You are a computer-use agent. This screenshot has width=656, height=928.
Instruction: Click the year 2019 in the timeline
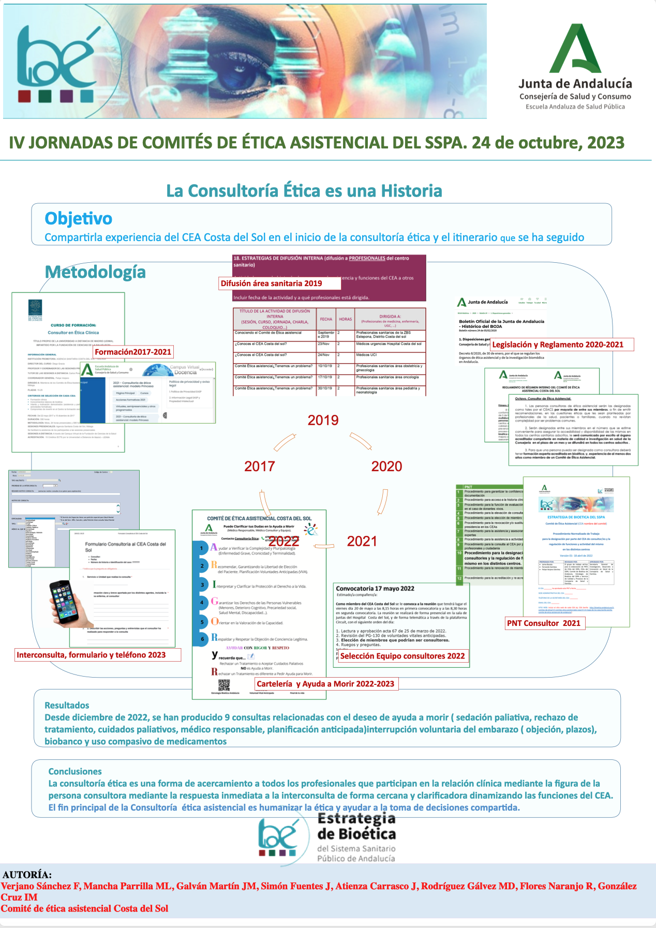point(323,420)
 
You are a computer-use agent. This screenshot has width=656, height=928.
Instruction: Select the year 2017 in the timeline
point(259,466)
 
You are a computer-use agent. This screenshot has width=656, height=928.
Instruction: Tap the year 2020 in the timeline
point(386,466)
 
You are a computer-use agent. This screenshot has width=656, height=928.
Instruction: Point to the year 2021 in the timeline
point(362,541)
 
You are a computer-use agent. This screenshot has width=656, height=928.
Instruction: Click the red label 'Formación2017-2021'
point(133,352)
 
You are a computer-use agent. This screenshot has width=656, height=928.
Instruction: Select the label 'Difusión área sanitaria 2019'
point(271,283)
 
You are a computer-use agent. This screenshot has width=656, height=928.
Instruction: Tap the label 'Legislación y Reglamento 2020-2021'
point(558,345)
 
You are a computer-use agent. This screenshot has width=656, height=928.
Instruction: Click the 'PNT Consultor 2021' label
point(544,623)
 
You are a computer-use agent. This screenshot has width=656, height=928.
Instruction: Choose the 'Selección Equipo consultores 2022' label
point(402,656)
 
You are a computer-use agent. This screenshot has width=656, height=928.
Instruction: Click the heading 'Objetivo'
point(78,218)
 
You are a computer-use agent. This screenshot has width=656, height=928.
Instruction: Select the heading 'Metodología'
point(95,272)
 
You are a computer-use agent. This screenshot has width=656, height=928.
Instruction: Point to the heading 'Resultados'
point(67,705)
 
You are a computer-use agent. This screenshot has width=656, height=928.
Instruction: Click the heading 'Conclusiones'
point(75,771)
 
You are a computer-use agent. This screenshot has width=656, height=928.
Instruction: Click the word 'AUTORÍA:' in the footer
point(27,875)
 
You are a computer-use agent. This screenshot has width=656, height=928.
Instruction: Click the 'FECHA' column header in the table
point(326,319)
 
